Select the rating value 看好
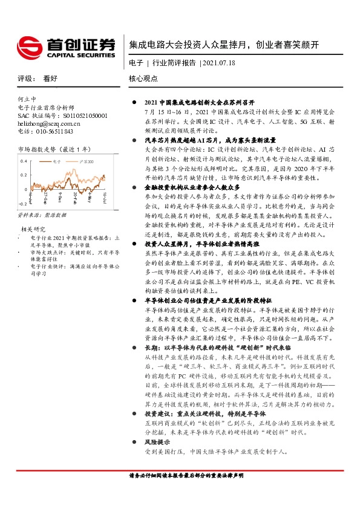(49, 79)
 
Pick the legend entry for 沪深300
(87, 162)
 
